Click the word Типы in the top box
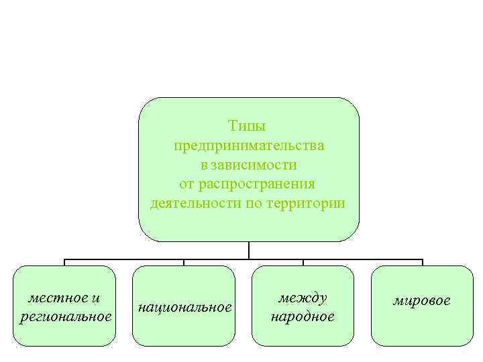click(x=248, y=126)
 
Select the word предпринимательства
click(x=249, y=145)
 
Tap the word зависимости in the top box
click(x=254, y=164)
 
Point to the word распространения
click(x=258, y=184)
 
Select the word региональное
click(x=66, y=316)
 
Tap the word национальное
click(x=184, y=307)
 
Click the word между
click(x=303, y=297)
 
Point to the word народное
click(x=303, y=316)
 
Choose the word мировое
click(x=421, y=300)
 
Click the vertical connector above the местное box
click(x=65, y=262)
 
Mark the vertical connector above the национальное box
click(x=184, y=262)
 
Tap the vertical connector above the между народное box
click(x=303, y=262)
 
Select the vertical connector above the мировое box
click(x=422, y=262)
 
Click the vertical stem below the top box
click(x=249, y=250)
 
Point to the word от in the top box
click(x=188, y=184)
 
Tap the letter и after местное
click(x=97, y=297)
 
